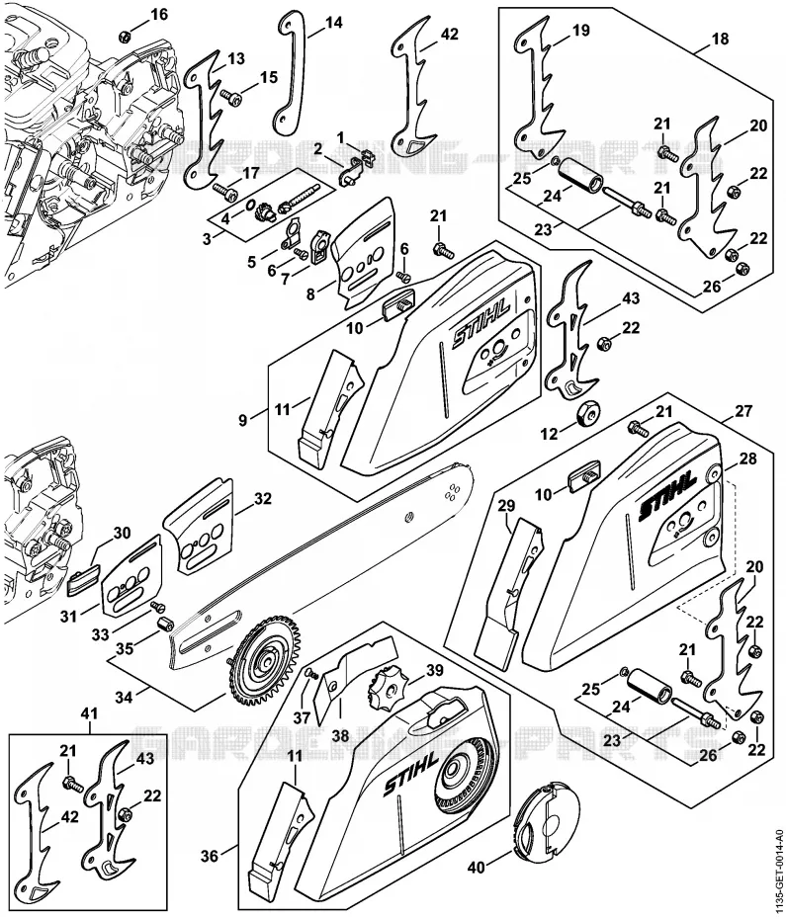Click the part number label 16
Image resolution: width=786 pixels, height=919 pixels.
(159, 14)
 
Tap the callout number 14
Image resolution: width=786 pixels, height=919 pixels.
(333, 23)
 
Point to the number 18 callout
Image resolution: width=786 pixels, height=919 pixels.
(720, 40)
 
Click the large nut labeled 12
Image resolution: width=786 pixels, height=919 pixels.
(587, 414)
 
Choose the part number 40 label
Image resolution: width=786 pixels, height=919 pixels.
(477, 867)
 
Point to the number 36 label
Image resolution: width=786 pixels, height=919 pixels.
(210, 857)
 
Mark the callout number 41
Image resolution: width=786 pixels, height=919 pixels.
(90, 713)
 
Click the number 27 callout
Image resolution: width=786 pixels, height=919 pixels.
(743, 411)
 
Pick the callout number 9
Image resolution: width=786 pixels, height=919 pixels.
(243, 420)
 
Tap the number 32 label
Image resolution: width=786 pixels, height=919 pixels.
(263, 499)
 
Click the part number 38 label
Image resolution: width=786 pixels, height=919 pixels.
(340, 735)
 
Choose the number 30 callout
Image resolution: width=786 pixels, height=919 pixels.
(122, 534)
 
